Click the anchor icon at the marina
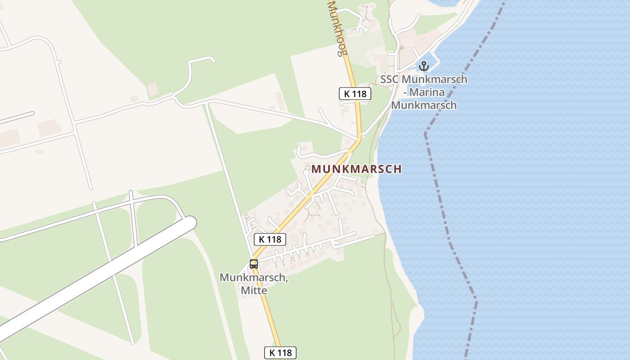click(x=423, y=67)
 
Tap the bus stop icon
click(x=254, y=264)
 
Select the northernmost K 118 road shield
click(x=355, y=94)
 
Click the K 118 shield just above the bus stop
click(x=270, y=239)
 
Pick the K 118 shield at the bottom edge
click(x=280, y=353)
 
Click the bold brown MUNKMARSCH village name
click(x=356, y=169)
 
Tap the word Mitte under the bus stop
click(x=254, y=291)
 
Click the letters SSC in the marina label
click(x=389, y=79)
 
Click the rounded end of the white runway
click(x=190, y=223)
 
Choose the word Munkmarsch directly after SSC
click(x=434, y=79)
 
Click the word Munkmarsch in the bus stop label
click(x=253, y=278)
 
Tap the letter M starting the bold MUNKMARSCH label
click(x=316, y=169)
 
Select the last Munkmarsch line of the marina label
click(x=424, y=105)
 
